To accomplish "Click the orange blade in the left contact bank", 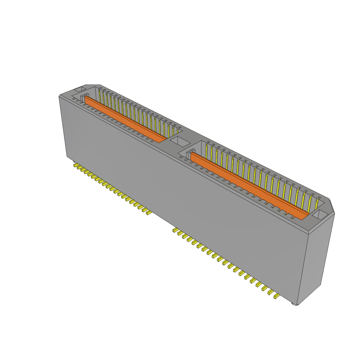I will [x=125, y=120].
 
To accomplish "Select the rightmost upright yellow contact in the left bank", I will [x=178, y=131].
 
